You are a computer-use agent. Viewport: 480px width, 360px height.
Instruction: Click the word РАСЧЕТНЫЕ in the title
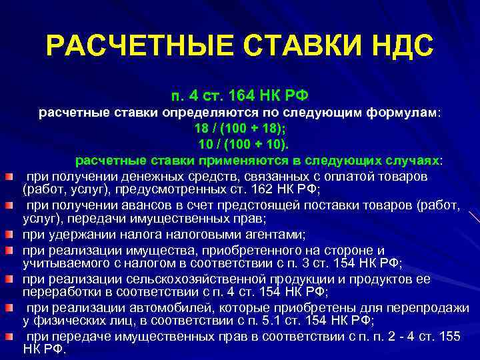pyautogui.click(x=131, y=46)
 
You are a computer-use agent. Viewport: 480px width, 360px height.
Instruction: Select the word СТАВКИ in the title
pyautogui.click(x=291, y=46)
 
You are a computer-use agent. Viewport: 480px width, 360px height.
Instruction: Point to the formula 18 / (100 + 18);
pyautogui.click(x=239, y=127)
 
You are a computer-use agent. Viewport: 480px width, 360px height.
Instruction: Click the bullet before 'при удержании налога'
pyautogui.click(x=9, y=234)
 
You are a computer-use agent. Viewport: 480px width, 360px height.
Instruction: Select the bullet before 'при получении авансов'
pyautogui.click(x=9, y=205)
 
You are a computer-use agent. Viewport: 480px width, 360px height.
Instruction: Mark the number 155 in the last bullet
pyautogui.click(x=449, y=336)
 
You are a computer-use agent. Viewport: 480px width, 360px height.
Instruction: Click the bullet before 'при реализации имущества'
pyautogui.click(x=9, y=250)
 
